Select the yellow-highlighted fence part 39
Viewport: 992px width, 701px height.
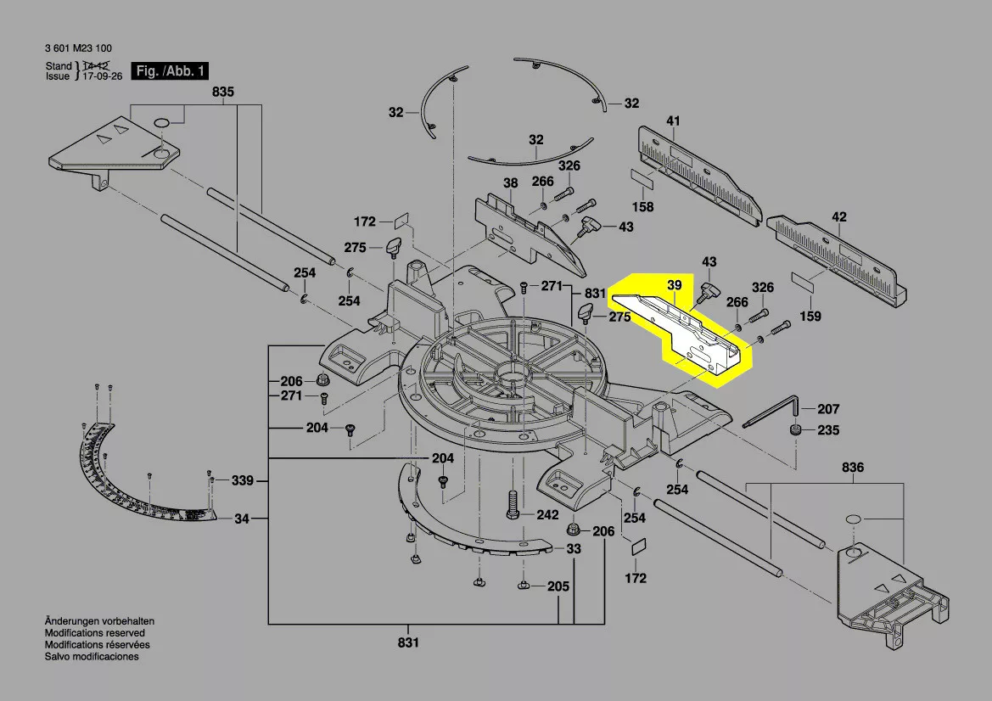coord(679,331)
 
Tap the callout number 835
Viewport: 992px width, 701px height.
coord(223,92)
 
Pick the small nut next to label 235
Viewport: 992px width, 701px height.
coord(796,430)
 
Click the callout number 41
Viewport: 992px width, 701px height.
coord(673,121)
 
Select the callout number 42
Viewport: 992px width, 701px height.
coord(838,217)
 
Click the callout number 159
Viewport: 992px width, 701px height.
coord(811,317)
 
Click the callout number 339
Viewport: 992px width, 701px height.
coord(243,481)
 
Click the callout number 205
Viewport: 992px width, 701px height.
coord(558,586)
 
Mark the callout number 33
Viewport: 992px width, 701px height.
coord(574,549)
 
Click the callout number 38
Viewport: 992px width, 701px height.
coord(510,183)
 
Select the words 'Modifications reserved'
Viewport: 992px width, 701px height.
coord(94,633)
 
